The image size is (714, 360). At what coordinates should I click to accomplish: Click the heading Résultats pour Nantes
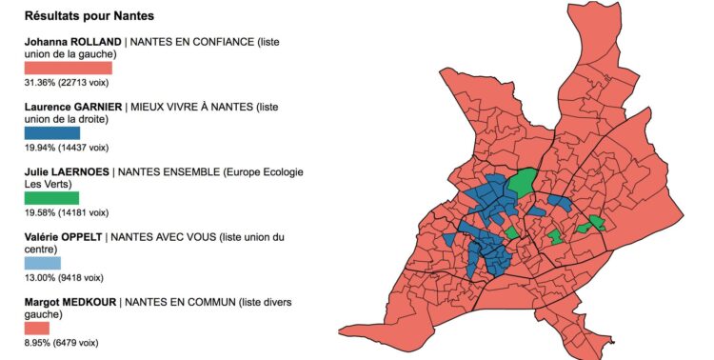point(89,17)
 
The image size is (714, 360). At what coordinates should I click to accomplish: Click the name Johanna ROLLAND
point(72,42)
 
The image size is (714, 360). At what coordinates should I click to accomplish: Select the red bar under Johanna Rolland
point(68,69)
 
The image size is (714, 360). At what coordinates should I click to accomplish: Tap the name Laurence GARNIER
point(73,108)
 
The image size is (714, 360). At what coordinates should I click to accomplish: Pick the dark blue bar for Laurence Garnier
point(51,133)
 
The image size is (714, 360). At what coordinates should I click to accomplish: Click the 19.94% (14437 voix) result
point(66,148)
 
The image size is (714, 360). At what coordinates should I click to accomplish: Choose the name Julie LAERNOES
point(66,172)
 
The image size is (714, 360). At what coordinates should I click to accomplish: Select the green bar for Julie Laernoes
point(51,198)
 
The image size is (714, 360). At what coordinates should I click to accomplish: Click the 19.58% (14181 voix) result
point(66,212)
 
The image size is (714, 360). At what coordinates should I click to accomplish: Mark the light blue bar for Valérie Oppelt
point(42,263)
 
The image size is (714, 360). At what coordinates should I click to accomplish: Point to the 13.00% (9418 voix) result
point(63,277)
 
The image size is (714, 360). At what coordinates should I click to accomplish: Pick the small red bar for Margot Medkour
point(36,328)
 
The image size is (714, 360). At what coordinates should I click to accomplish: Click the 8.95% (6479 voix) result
point(61,342)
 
